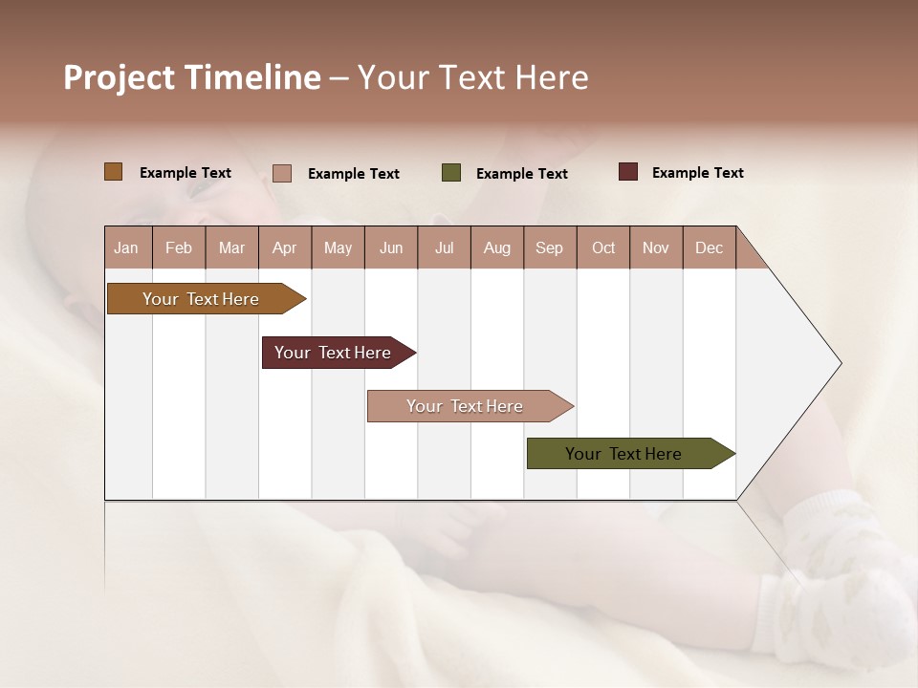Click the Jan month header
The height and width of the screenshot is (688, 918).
pyautogui.click(x=127, y=247)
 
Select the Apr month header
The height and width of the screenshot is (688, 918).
pyautogui.click(x=285, y=247)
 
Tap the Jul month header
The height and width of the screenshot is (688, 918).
pyautogui.click(x=444, y=247)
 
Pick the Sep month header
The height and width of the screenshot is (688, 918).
pyautogui.click(x=550, y=247)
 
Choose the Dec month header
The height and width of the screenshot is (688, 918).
pyautogui.click(x=709, y=247)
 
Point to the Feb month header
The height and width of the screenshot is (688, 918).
pyautogui.click(x=179, y=247)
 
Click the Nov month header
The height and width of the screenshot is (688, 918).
pyautogui.click(x=656, y=247)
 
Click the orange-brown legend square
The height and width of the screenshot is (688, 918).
pyautogui.click(x=114, y=172)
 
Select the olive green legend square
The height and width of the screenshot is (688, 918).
pyautogui.click(x=451, y=173)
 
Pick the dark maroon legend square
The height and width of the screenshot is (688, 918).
pyautogui.click(x=628, y=172)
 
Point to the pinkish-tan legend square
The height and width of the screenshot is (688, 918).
pyautogui.click(x=282, y=173)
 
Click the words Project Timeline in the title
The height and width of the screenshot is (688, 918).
pyautogui.click(x=191, y=77)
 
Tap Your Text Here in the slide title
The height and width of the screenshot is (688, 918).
pyautogui.click(x=472, y=77)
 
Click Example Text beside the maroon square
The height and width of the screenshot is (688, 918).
pyautogui.click(x=697, y=173)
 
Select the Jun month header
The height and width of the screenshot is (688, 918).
pyautogui.click(x=391, y=247)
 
